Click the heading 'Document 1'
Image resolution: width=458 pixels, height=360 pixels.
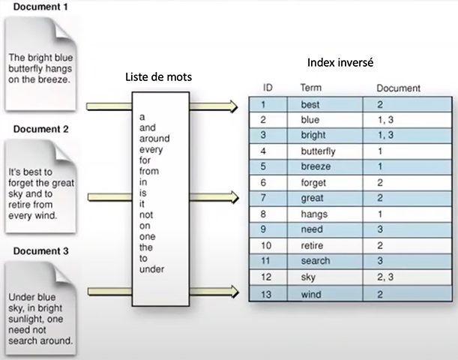(x=40, y=7)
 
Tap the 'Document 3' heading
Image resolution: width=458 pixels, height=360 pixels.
(x=41, y=250)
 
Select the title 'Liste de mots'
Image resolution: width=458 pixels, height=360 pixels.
(x=159, y=76)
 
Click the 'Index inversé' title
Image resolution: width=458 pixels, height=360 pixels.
(x=340, y=62)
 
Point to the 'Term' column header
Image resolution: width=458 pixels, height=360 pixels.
(x=311, y=88)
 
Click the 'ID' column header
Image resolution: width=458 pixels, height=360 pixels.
(x=268, y=88)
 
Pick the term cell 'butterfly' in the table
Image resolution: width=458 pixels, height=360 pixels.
(x=318, y=151)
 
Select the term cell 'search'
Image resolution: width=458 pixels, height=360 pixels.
(x=316, y=261)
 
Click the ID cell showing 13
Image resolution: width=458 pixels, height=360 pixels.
(x=266, y=294)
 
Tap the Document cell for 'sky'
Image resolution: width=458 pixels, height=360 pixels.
(x=385, y=277)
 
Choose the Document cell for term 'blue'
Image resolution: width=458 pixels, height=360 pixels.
(x=385, y=120)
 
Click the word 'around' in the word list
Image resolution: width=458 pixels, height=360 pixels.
(x=154, y=138)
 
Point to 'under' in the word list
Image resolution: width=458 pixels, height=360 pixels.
(x=151, y=268)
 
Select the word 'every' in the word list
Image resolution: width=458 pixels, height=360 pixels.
(x=151, y=149)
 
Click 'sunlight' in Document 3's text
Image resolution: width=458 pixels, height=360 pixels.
(x=25, y=319)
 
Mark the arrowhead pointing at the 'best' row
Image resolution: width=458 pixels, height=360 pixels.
(x=234, y=106)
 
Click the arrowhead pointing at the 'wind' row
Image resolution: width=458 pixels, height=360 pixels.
(x=235, y=292)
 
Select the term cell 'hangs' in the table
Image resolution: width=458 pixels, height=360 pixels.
(x=314, y=214)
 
